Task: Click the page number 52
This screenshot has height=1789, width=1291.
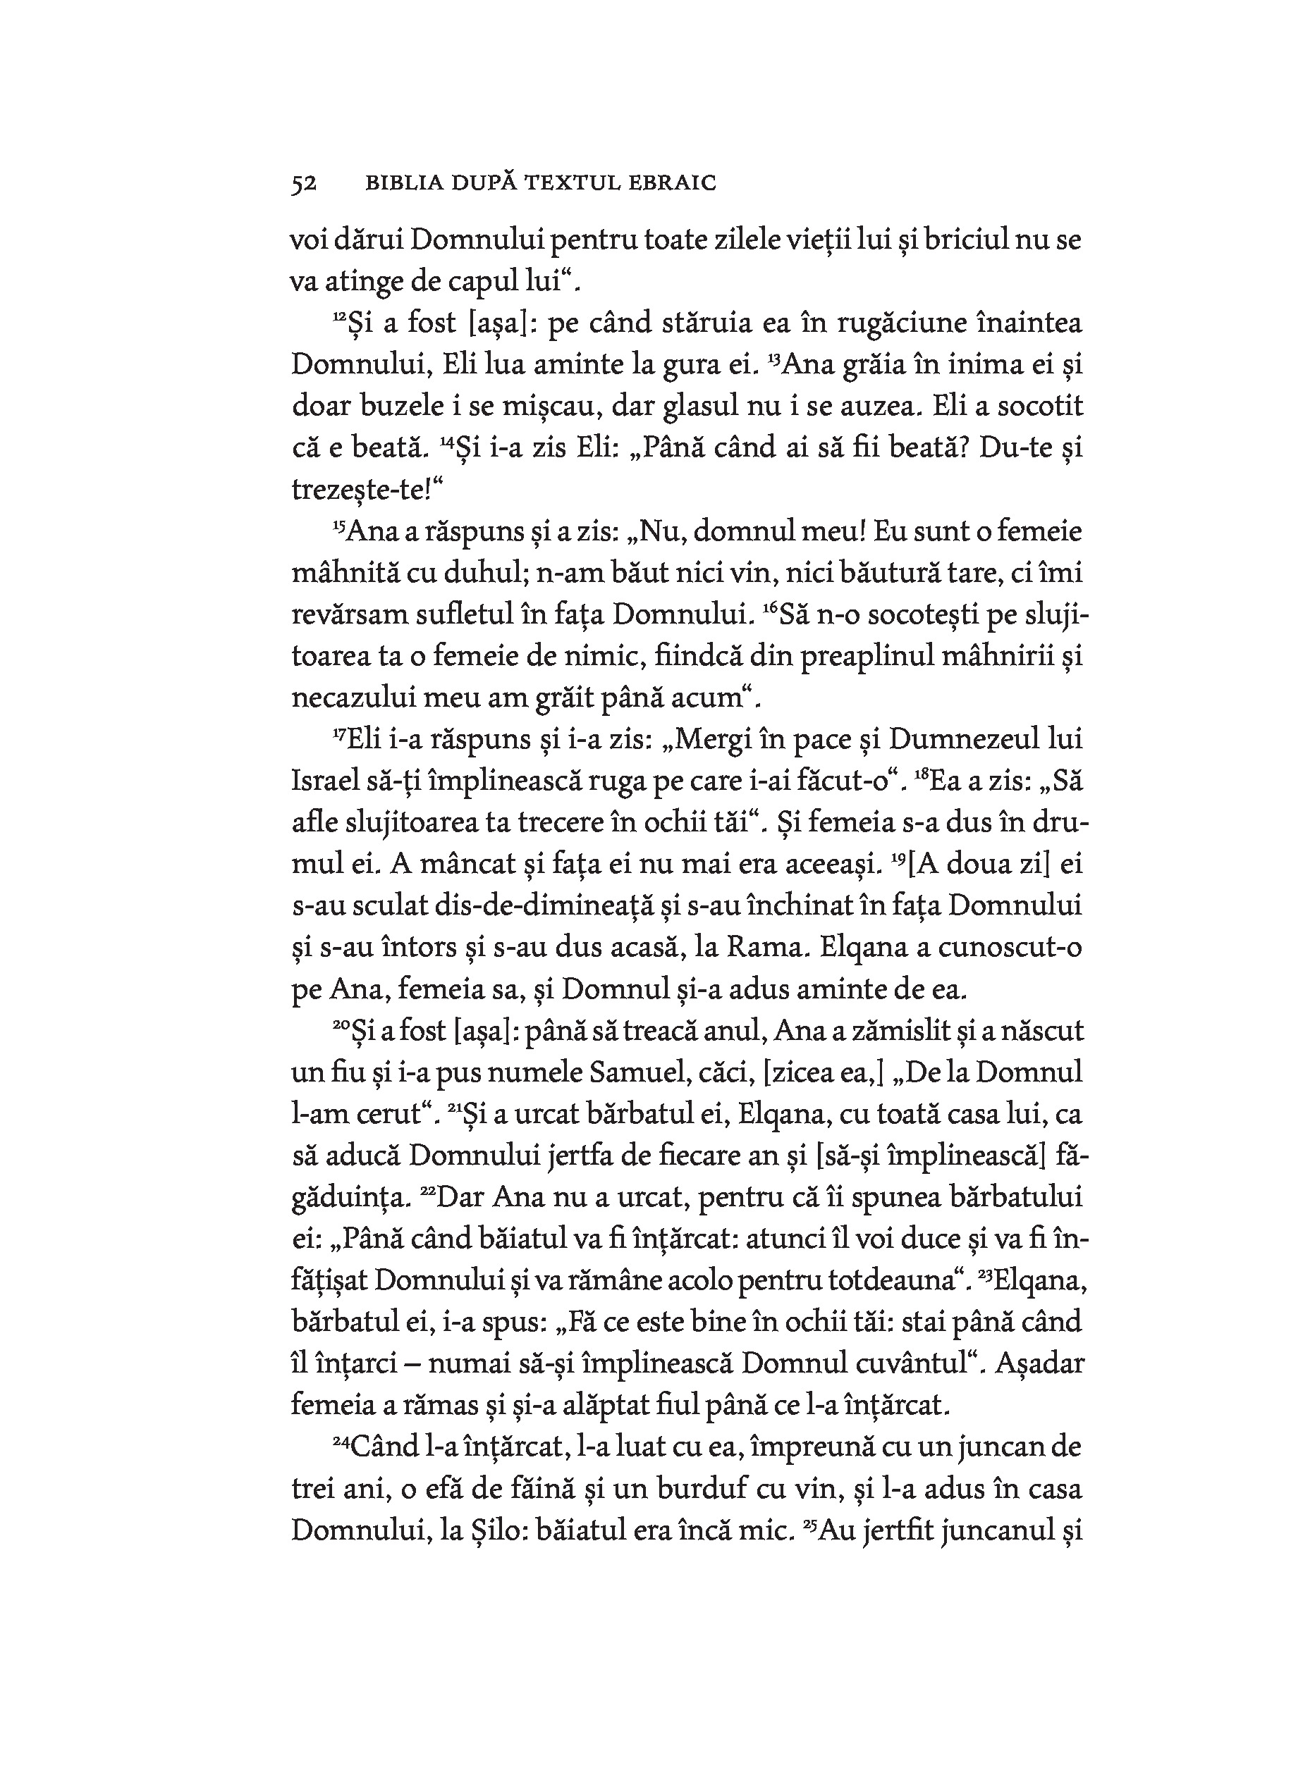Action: tap(304, 184)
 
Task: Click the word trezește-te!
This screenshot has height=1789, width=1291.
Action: tap(367, 490)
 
